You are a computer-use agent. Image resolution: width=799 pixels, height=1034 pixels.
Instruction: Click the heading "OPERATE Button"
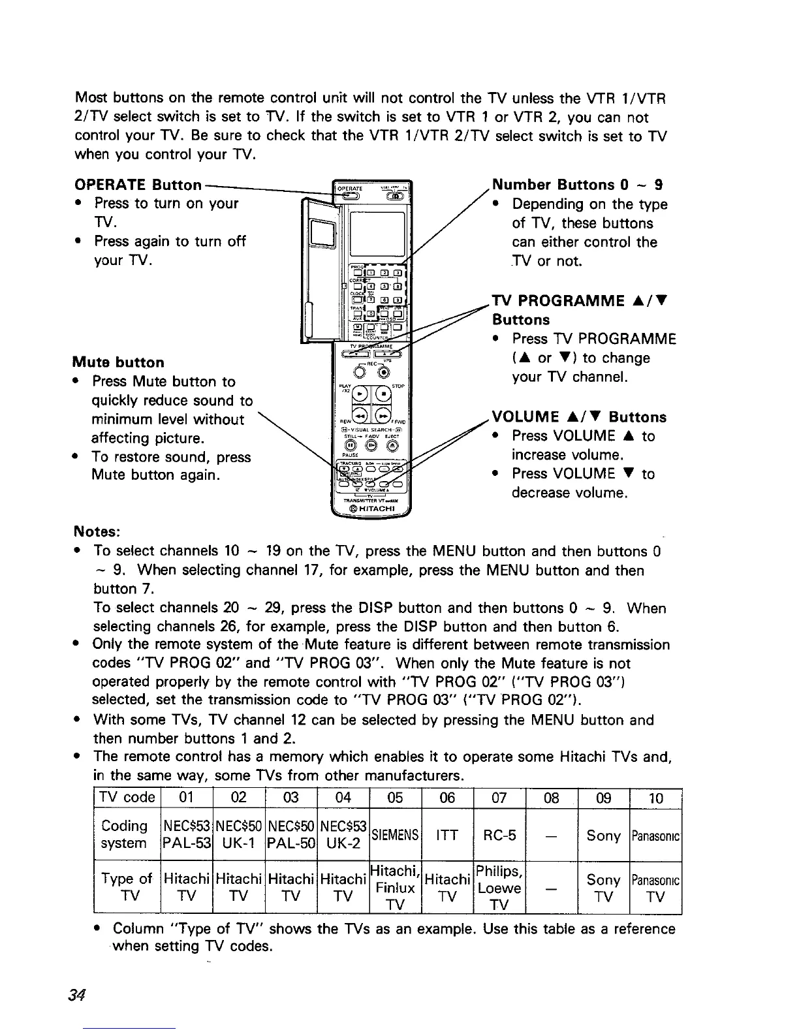138,184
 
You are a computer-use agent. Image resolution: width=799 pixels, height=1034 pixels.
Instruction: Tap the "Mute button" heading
118,362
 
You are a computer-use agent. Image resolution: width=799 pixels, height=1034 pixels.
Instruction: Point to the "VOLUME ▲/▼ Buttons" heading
579,416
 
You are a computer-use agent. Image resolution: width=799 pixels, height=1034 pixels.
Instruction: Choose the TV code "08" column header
552,798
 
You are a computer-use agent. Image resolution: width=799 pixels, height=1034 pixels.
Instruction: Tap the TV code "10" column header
656,798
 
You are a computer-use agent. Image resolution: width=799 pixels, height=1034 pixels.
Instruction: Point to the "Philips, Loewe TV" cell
499,888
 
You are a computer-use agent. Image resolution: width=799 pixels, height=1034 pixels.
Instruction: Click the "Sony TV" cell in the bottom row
603,888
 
